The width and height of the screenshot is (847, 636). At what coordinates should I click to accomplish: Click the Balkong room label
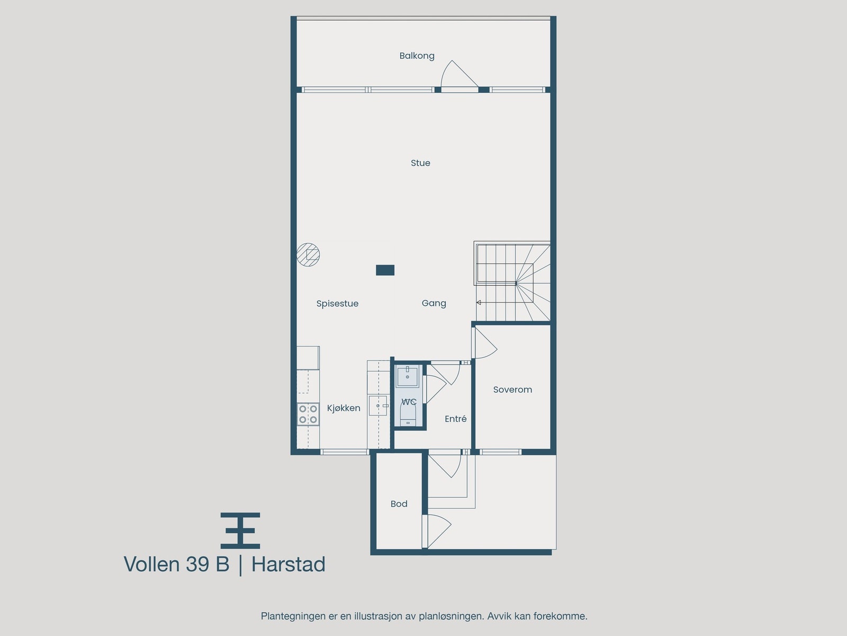click(417, 56)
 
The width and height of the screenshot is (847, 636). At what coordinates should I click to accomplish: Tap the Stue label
click(420, 163)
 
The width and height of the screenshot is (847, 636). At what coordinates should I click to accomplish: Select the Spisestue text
click(337, 304)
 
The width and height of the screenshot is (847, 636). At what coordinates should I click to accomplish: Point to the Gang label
click(434, 303)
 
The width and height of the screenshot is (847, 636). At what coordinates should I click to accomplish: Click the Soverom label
click(512, 390)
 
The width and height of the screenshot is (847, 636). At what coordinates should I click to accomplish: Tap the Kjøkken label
click(344, 408)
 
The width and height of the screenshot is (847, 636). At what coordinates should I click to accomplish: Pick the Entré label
click(455, 419)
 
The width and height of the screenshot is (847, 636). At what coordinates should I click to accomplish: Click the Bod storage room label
click(399, 504)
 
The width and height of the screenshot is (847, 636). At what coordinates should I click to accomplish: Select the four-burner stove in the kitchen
click(308, 414)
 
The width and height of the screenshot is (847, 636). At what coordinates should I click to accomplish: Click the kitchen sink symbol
click(379, 406)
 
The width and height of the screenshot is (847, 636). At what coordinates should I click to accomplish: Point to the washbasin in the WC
click(408, 376)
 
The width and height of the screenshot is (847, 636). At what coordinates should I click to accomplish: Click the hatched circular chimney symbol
click(308, 254)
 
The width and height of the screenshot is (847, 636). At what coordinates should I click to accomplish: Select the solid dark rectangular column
click(385, 270)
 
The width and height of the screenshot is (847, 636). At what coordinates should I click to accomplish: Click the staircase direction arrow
click(479, 303)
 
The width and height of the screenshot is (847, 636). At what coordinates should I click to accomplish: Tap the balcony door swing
click(457, 75)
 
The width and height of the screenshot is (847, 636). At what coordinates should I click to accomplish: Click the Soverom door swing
click(483, 343)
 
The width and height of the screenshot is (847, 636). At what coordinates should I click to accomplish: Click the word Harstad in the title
click(288, 564)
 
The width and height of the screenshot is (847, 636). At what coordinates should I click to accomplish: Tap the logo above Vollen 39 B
click(240, 530)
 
